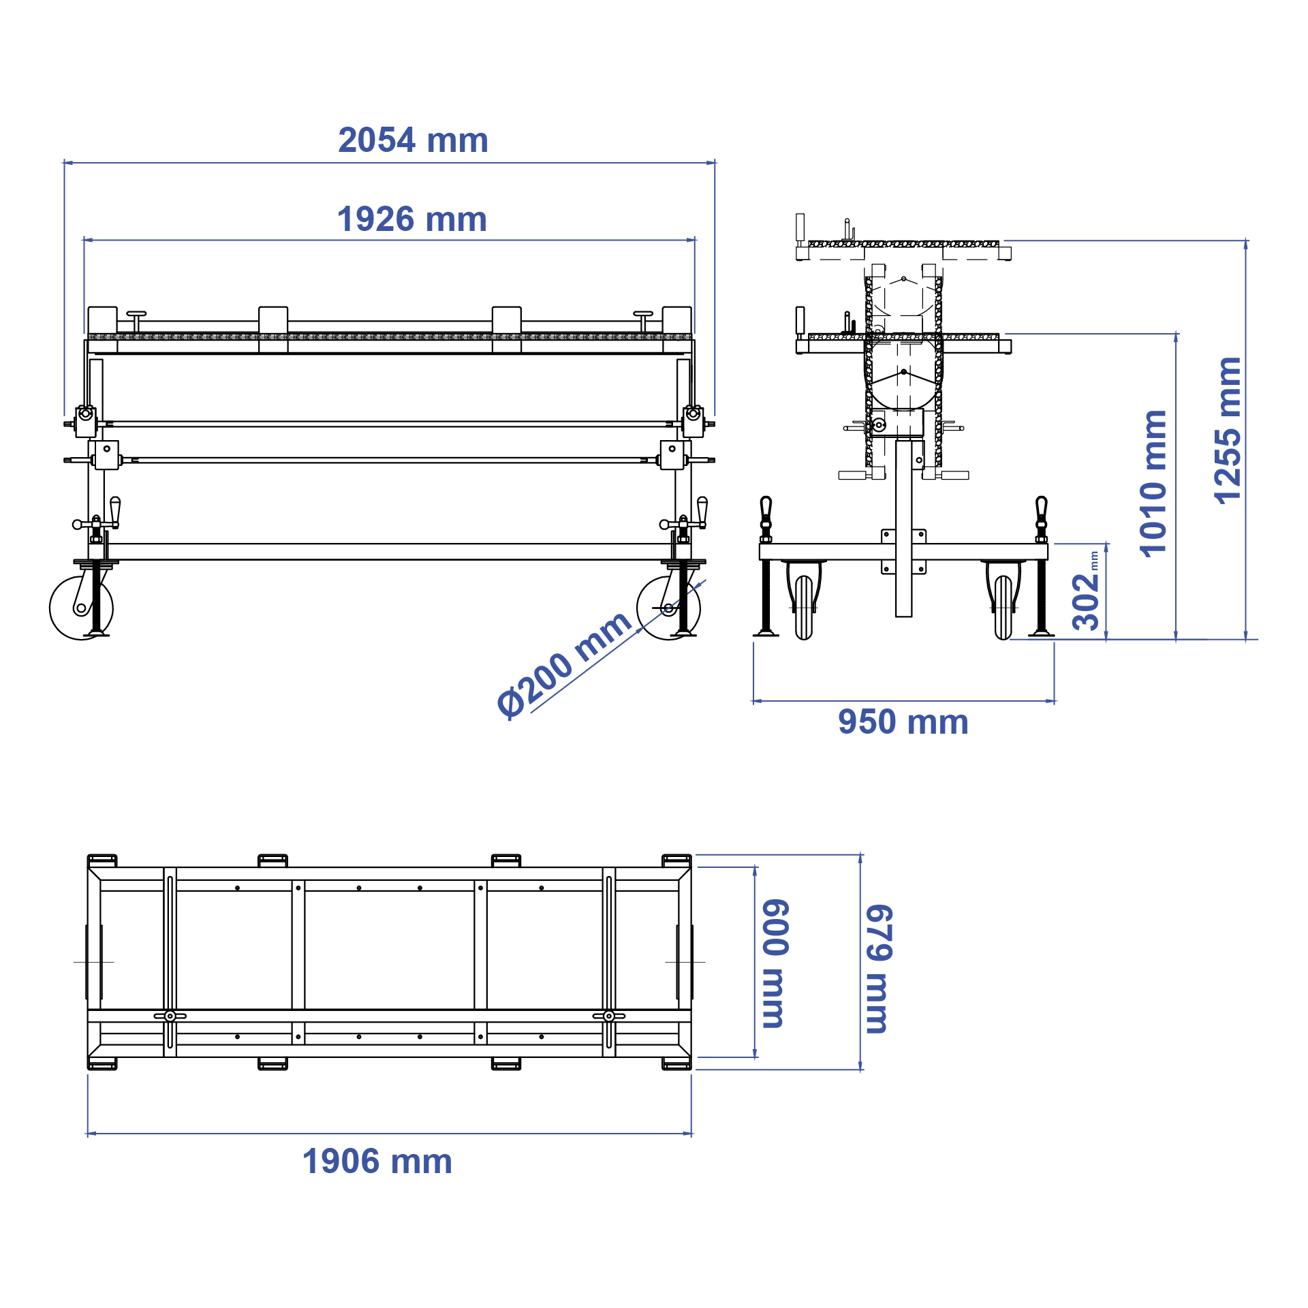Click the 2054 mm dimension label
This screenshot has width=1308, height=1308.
(413, 140)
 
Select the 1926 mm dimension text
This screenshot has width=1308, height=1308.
(412, 219)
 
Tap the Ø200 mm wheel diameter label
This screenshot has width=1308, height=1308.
(564, 664)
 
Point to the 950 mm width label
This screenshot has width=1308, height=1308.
(903, 722)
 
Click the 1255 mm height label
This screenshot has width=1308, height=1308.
(1228, 431)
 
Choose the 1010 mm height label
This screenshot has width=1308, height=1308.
(1153, 484)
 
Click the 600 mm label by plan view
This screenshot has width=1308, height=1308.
(775, 963)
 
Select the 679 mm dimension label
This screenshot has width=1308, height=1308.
(878, 969)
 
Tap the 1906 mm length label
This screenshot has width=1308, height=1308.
(377, 1162)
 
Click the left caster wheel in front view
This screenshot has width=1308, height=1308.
(81, 608)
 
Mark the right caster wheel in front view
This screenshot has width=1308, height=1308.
(668, 608)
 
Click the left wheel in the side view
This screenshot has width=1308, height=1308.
(804, 607)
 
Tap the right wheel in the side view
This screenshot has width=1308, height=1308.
(1003, 607)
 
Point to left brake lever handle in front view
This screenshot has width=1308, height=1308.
(115, 511)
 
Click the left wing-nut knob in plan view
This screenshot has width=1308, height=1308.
(170, 1016)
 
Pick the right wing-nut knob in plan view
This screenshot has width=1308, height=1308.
(608, 1016)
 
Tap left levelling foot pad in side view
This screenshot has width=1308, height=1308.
(766, 633)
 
